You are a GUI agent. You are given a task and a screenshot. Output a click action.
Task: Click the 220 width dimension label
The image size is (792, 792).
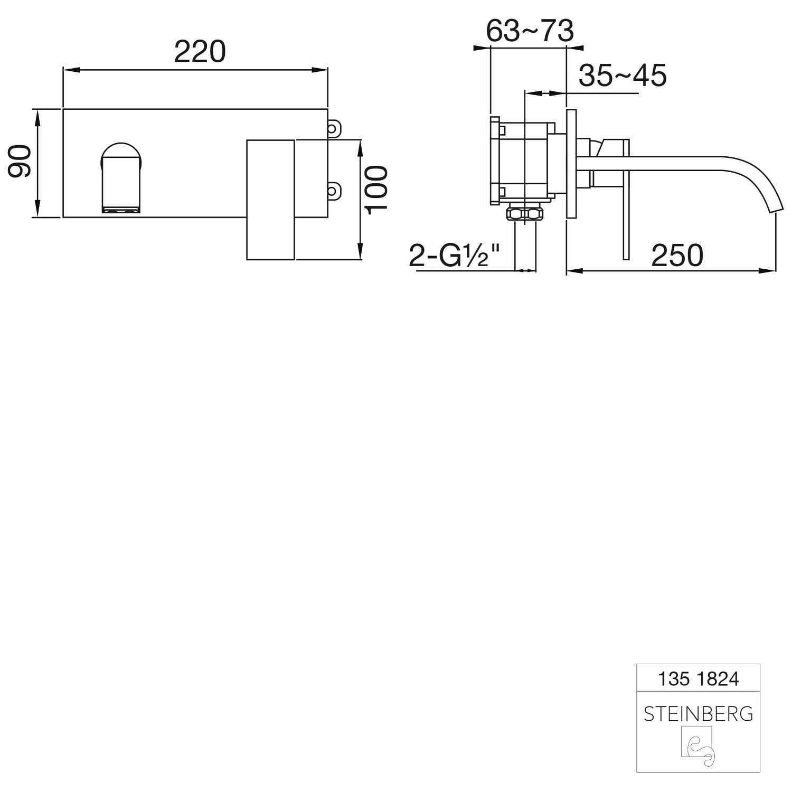point(200,52)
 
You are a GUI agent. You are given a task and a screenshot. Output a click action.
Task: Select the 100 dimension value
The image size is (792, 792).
point(377,190)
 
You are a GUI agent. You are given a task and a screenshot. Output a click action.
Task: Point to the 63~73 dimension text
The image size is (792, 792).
point(530,31)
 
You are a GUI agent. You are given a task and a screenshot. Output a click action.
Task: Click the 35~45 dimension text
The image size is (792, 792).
point(623,76)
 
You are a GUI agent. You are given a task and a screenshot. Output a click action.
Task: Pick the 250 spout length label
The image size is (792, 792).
point(677,256)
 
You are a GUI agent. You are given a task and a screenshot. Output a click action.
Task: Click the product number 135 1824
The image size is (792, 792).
point(698,679)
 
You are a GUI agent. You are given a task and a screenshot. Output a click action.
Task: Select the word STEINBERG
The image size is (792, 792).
point(698,714)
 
